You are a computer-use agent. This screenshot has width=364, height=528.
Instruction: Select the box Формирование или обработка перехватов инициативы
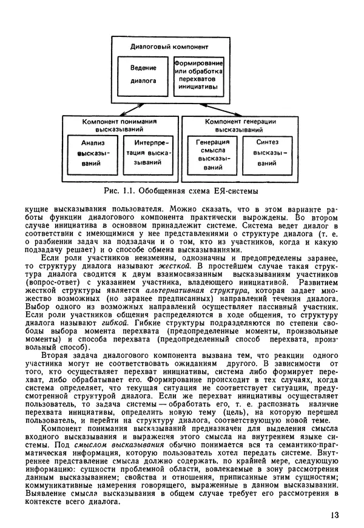(198, 74)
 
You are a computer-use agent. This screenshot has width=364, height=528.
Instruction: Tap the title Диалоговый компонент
(169, 47)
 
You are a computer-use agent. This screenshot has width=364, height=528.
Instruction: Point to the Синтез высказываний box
(266, 153)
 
